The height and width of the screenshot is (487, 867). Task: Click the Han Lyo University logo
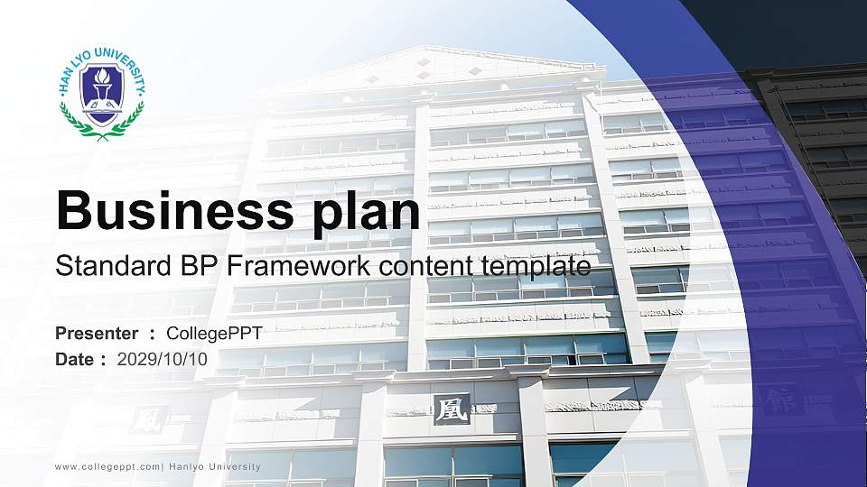click(101, 93)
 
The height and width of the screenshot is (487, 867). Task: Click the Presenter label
click(97, 334)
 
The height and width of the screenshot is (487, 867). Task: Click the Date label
click(75, 359)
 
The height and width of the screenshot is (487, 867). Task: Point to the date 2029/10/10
click(162, 359)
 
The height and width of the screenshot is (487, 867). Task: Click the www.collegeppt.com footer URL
click(107, 467)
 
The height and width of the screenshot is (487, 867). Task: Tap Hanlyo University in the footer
click(215, 467)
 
